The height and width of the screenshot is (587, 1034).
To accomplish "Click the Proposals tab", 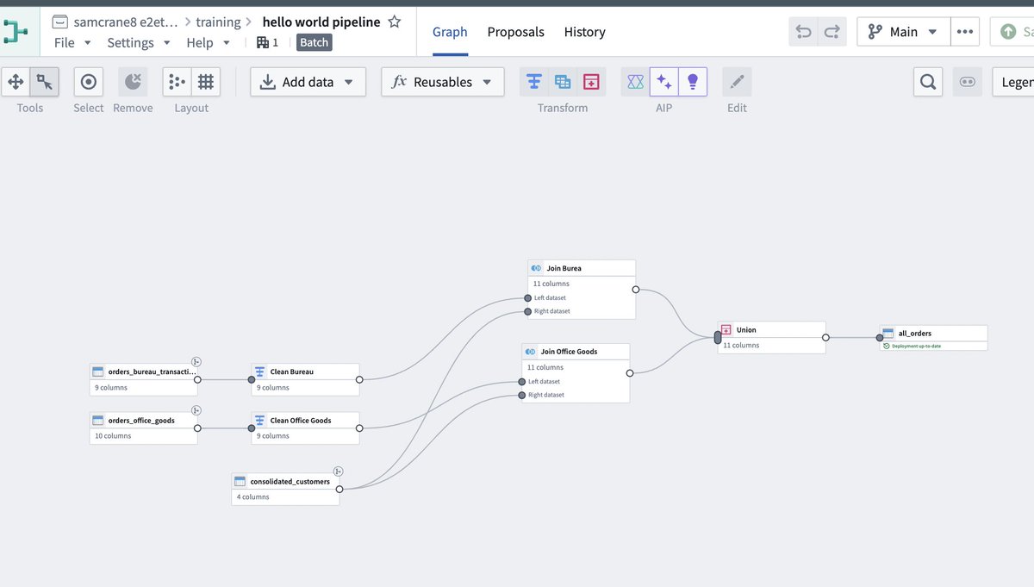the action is click(515, 32).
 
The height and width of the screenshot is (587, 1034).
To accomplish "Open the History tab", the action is click(584, 32).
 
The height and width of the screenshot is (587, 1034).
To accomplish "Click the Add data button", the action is click(308, 82).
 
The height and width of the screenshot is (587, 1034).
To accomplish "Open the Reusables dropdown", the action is click(442, 82).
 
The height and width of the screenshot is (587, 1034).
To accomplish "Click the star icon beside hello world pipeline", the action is click(395, 22).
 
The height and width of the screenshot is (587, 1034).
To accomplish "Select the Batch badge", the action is click(314, 42).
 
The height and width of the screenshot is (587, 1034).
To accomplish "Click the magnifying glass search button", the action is click(928, 82).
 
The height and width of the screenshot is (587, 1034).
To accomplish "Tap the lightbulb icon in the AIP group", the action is click(693, 82).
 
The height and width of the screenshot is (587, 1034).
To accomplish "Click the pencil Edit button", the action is click(737, 82).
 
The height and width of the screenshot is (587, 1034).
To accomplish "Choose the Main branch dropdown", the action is click(903, 32).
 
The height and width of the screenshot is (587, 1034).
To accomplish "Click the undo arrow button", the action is click(803, 32).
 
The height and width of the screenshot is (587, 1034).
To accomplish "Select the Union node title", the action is click(746, 330).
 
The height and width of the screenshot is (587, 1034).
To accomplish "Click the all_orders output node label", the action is click(914, 334).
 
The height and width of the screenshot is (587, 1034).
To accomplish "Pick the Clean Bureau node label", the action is click(292, 372).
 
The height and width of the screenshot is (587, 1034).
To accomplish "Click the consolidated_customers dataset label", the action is click(290, 481).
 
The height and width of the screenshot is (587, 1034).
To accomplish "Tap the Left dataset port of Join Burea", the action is click(527, 298).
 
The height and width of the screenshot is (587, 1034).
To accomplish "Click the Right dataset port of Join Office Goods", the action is click(521, 396).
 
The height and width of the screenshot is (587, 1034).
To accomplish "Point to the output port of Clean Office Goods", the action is click(359, 428).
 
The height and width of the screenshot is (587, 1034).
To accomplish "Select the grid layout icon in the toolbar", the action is click(206, 82).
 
